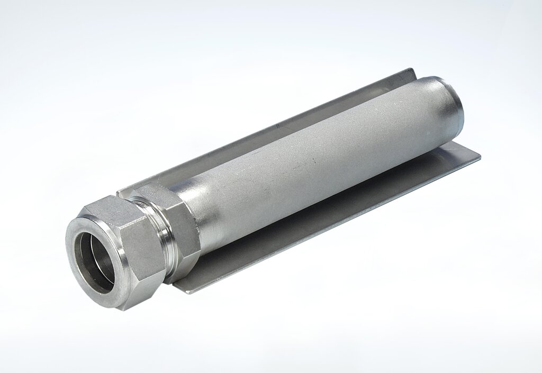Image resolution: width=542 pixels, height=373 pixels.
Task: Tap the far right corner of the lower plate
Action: click(x=480, y=157)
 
